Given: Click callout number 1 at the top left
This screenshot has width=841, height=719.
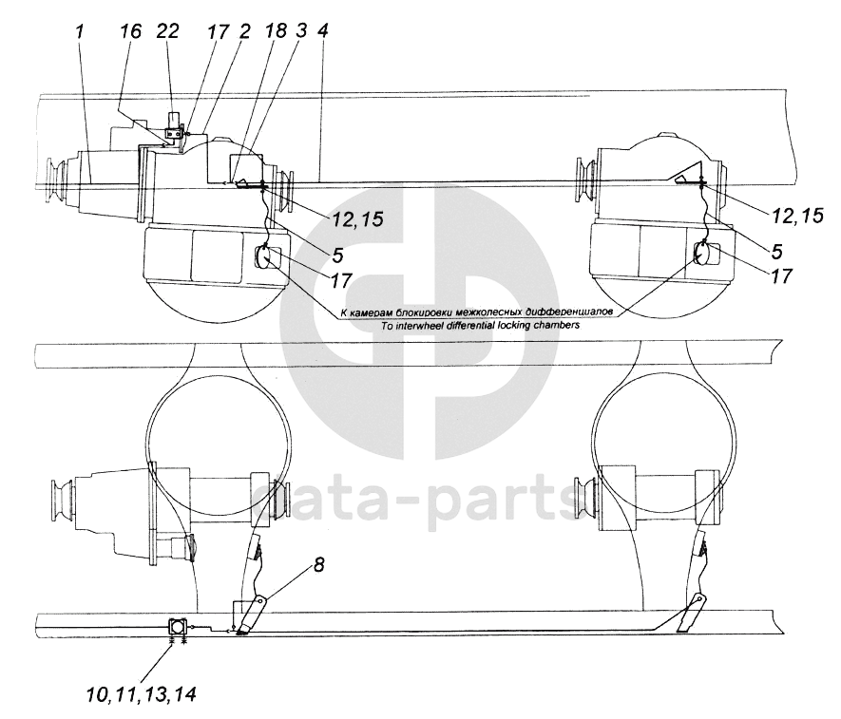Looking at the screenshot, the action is point(80,32).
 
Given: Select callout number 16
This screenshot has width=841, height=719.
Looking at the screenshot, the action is point(130,31).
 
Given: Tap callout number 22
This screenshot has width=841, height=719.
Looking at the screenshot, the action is point(167,31).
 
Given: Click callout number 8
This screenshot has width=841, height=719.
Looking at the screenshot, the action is point(318,564).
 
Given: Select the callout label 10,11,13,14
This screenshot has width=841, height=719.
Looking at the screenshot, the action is point(141,695).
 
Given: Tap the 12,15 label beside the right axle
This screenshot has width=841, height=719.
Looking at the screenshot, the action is point(797,216).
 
